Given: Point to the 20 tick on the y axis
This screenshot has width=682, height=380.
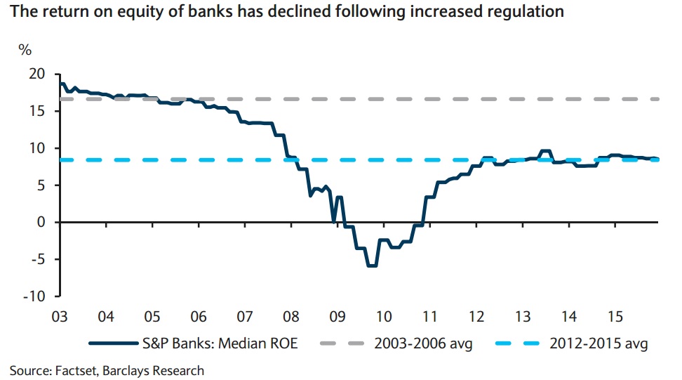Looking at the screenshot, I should pos(36,74).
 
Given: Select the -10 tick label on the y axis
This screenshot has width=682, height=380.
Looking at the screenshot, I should pos(34,296).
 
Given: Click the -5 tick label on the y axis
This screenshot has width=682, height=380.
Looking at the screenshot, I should pos(36,259).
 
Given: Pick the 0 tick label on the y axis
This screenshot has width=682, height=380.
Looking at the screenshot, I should pos(40,222).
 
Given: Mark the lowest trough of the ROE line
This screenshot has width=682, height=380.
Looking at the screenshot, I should pos(372,266).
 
